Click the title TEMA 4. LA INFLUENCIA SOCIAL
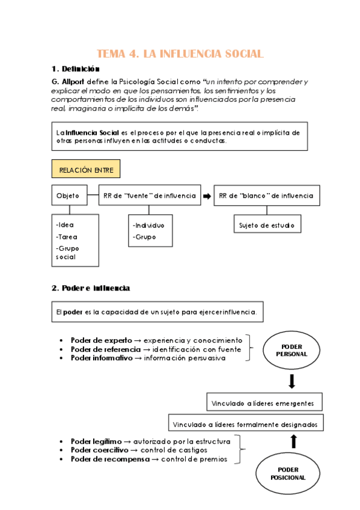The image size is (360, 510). [180, 54]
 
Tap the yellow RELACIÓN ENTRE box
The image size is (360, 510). [85, 170]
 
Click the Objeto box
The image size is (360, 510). [68, 195]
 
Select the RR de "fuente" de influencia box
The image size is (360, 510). [149, 195]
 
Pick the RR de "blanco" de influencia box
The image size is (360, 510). [266, 195]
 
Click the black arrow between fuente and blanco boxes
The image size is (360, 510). [207, 195]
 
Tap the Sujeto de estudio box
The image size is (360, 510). [267, 225]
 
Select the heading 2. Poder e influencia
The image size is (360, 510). [91, 288]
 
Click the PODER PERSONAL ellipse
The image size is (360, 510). [291, 350]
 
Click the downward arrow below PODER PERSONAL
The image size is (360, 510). [292, 381]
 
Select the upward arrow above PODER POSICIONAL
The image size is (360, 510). [293, 441]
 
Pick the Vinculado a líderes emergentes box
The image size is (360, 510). [263, 402]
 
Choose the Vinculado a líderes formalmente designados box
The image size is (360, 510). [245, 423]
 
